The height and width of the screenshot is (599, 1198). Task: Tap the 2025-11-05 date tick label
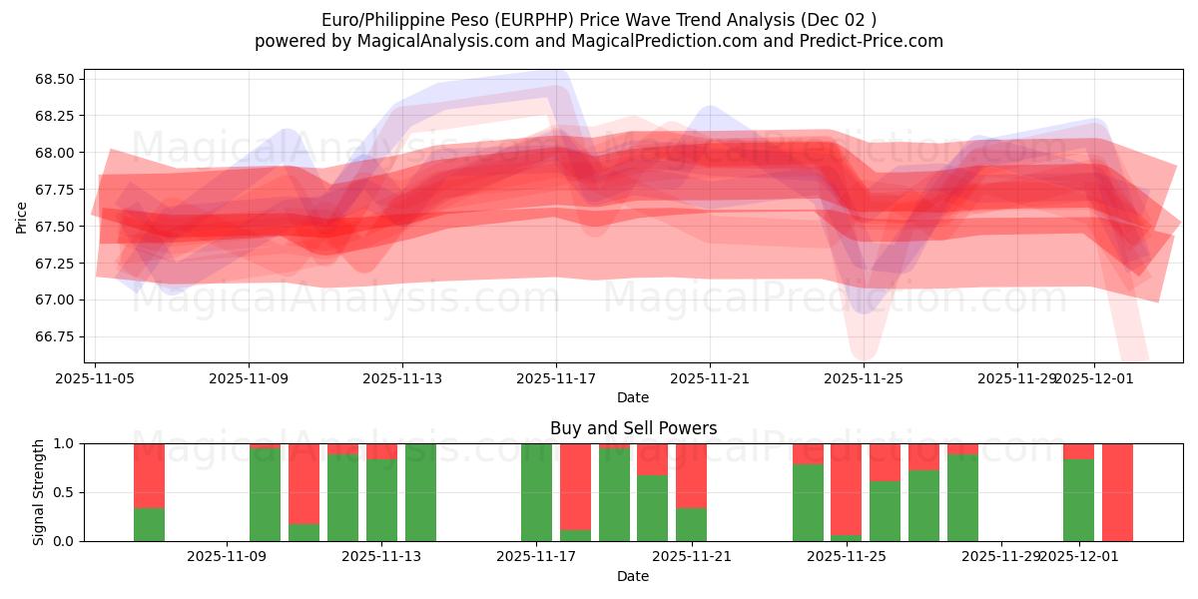tap(95, 378)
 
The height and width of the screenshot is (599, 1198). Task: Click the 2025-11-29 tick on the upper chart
tap(1016, 378)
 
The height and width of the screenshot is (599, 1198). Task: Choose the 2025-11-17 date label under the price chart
tap(556, 378)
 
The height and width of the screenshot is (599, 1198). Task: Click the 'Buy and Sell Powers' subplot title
tap(633, 428)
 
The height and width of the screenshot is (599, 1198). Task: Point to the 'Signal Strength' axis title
tap(38, 492)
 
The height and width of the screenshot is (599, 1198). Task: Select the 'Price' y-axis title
tap(22, 216)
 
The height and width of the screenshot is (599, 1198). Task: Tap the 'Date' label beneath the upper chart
tap(633, 397)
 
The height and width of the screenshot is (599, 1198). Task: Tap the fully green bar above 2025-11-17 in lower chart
tap(536, 492)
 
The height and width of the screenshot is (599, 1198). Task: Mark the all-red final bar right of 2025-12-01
tap(1117, 492)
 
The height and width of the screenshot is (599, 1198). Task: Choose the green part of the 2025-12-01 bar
tap(1078, 500)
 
